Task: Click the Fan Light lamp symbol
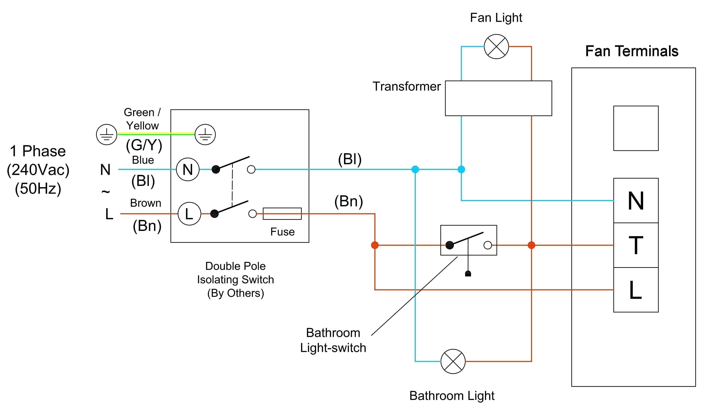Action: tap(496, 46)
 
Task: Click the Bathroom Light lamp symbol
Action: tap(453, 361)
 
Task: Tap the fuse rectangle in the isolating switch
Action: tap(282, 214)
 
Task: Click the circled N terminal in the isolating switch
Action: tap(187, 170)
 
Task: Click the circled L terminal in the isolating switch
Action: tap(189, 214)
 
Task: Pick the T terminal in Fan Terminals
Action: tap(636, 245)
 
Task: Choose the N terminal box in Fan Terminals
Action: tap(636, 201)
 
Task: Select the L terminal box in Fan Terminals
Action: tap(636, 290)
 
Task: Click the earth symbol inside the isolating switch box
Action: tap(205, 135)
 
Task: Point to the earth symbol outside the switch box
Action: tap(107, 135)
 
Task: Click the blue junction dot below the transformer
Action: tap(461, 170)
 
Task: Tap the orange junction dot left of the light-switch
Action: tap(375, 245)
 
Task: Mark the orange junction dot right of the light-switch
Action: tap(531, 245)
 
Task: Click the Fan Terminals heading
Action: tap(632, 51)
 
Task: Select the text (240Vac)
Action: tap(38, 170)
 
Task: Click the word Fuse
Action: tap(282, 232)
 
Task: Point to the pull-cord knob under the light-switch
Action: tap(468, 274)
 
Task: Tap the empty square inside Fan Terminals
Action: tap(636, 128)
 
